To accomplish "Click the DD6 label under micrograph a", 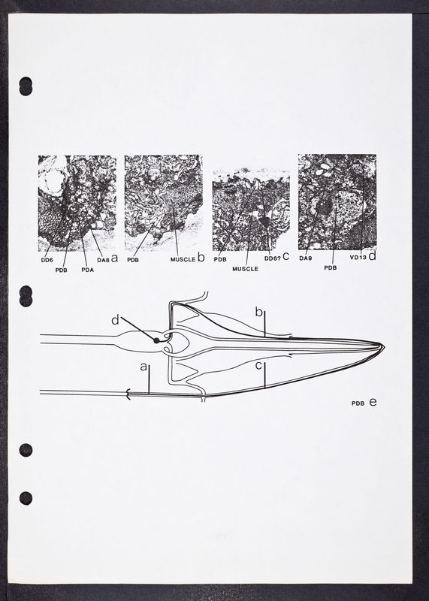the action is pos(47,260).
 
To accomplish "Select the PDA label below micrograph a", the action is pos(87,270).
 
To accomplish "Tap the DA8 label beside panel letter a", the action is pos(103,260).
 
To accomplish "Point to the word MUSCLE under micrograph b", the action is pos(183,259).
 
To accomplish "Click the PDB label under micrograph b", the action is pos(133,260).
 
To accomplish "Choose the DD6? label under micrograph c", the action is pos(273,258).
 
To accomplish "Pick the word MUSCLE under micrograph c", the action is pos(245,269).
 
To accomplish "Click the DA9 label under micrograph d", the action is pos(306,258).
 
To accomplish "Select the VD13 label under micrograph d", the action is pos(358,258).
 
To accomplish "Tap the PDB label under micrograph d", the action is pos(330,268).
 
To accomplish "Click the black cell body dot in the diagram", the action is pos(156,340).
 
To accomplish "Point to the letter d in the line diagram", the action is pos(115,320).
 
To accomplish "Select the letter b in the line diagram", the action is pos(258,313).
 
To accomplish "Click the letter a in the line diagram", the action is pos(144,367).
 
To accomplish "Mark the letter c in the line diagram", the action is pos(258,366).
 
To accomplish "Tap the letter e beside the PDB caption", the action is pos(373,402).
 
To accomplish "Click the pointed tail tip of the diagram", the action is pos(384,347).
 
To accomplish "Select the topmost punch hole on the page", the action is pos(26,86).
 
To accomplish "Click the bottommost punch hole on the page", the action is pos(26,498).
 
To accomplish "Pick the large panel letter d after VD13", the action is pos(372,256).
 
